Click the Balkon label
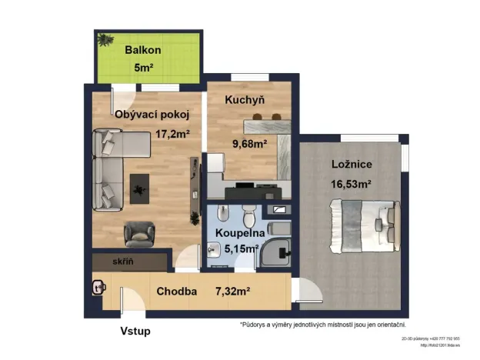(144, 50)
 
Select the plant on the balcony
(105, 39)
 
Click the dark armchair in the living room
(139, 232)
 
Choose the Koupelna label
(240, 232)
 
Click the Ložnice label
(353, 165)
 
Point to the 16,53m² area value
(352, 184)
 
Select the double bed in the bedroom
(362, 227)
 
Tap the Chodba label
(177, 292)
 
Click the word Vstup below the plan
(135, 332)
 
